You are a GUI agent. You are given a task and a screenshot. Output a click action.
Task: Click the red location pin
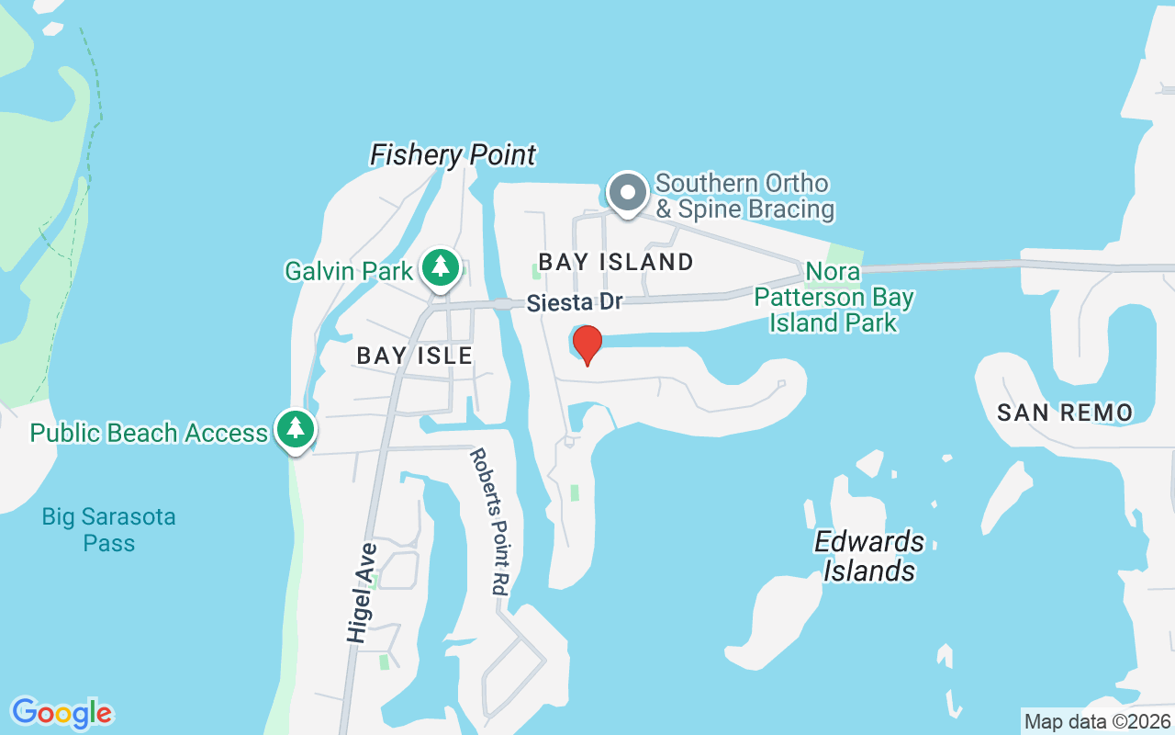(x=587, y=345)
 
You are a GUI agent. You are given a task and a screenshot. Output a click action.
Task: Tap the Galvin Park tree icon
(x=441, y=267)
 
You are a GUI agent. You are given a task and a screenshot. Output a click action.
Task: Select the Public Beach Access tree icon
(x=295, y=429)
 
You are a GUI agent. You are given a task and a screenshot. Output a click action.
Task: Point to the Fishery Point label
(x=453, y=155)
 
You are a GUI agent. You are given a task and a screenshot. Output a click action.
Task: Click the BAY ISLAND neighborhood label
(x=616, y=262)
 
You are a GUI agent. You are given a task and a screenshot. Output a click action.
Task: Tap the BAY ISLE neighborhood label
(x=414, y=356)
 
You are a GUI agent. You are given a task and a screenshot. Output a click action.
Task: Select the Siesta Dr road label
(x=575, y=302)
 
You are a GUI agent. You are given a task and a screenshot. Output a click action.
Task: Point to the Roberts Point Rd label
(x=489, y=522)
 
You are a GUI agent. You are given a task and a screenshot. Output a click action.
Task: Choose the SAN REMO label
(x=1065, y=413)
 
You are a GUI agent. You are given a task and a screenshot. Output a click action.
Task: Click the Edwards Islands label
(x=869, y=556)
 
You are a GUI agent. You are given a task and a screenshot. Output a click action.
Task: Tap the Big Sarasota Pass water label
(x=108, y=530)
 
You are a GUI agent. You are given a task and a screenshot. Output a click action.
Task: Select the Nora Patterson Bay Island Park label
(x=834, y=298)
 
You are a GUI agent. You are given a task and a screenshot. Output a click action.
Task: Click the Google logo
(x=62, y=712)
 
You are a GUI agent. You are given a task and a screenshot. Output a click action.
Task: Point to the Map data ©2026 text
(x=1098, y=721)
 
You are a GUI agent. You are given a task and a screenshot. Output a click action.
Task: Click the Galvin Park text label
(x=349, y=271)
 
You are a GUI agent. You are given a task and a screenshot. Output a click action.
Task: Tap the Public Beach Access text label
(x=149, y=433)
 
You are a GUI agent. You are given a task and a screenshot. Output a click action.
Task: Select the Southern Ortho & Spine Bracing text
(x=744, y=197)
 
